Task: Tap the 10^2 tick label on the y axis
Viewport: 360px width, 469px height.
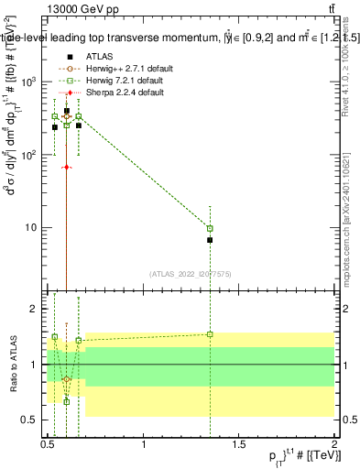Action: [32, 155]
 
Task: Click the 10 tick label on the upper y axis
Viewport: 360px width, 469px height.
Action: [35, 228]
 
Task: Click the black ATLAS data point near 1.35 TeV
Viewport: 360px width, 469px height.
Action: [211, 240]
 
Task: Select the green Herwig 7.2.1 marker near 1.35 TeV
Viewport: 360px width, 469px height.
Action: [211, 228]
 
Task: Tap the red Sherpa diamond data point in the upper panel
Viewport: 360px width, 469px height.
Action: [67, 168]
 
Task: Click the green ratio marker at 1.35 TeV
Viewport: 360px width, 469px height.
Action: [211, 334]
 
